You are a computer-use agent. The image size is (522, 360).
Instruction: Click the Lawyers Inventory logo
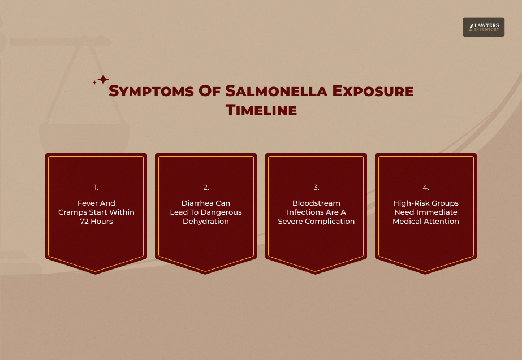pyautogui.click(x=483, y=27)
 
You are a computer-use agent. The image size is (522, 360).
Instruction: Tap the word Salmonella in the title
pyautogui.click(x=274, y=91)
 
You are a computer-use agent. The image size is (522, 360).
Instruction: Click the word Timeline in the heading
pyautogui.click(x=261, y=110)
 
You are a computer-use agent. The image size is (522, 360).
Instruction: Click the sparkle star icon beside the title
pyautogui.click(x=101, y=80)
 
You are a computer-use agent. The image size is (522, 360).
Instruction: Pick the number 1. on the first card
pyautogui.click(x=96, y=187)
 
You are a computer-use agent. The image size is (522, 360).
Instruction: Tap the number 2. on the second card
pyautogui.click(x=206, y=187)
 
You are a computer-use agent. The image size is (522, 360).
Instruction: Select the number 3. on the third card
pyautogui.click(x=316, y=187)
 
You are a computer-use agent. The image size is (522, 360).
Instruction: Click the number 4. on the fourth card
pyautogui.click(x=426, y=187)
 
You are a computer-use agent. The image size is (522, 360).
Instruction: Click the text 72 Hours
pyautogui.click(x=96, y=222)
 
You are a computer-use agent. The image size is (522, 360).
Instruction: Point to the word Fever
pyautogui.click(x=88, y=203)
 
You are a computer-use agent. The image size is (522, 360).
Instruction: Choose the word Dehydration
pyautogui.click(x=206, y=222)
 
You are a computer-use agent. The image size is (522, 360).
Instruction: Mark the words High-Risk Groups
pyautogui.click(x=426, y=203)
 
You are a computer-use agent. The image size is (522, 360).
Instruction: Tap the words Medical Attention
pyautogui.click(x=426, y=222)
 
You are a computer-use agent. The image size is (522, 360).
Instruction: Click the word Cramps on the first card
pyautogui.click(x=72, y=212)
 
